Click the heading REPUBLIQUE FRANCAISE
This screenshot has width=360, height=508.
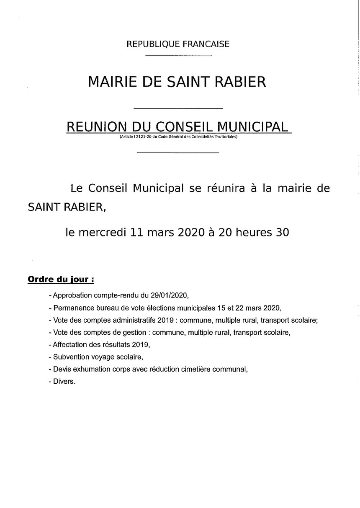click(x=178, y=44)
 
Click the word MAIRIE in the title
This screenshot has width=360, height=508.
click(x=110, y=82)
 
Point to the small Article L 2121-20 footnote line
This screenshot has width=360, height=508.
click(x=178, y=137)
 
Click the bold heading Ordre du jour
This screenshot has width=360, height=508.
click(x=60, y=279)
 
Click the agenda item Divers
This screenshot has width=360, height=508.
click(x=64, y=382)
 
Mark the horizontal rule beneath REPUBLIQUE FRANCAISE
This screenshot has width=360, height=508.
click(x=178, y=56)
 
